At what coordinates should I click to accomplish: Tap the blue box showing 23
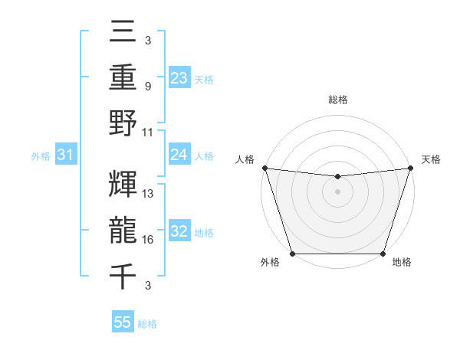(179, 78)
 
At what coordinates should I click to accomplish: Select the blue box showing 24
(179, 155)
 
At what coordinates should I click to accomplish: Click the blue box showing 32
(179, 231)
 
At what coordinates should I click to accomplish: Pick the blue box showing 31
(66, 155)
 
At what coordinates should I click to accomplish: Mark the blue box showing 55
(123, 322)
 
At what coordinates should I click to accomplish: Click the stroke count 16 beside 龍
(149, 240)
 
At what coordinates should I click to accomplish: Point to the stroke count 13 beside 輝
(149, 194)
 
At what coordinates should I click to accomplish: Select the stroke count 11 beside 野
(149, 133)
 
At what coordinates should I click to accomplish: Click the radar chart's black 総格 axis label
(337, 100)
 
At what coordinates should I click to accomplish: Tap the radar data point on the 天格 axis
(410, 168)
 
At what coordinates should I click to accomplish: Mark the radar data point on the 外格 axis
(292, 254)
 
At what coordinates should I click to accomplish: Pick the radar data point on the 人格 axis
(264, 168)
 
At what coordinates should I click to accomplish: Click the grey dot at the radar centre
(337, 191)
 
